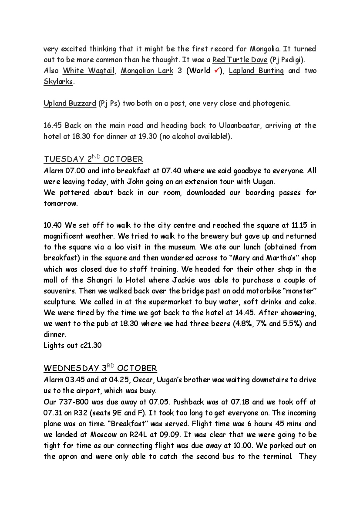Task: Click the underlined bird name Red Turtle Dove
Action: coord(240,60)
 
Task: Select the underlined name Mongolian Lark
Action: coord(147,71)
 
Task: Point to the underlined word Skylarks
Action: coord(58,81)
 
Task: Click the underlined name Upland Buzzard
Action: coord(70,103)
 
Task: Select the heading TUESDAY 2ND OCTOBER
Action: coord(93,159)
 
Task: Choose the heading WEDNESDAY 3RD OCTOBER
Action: coord(100,368)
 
